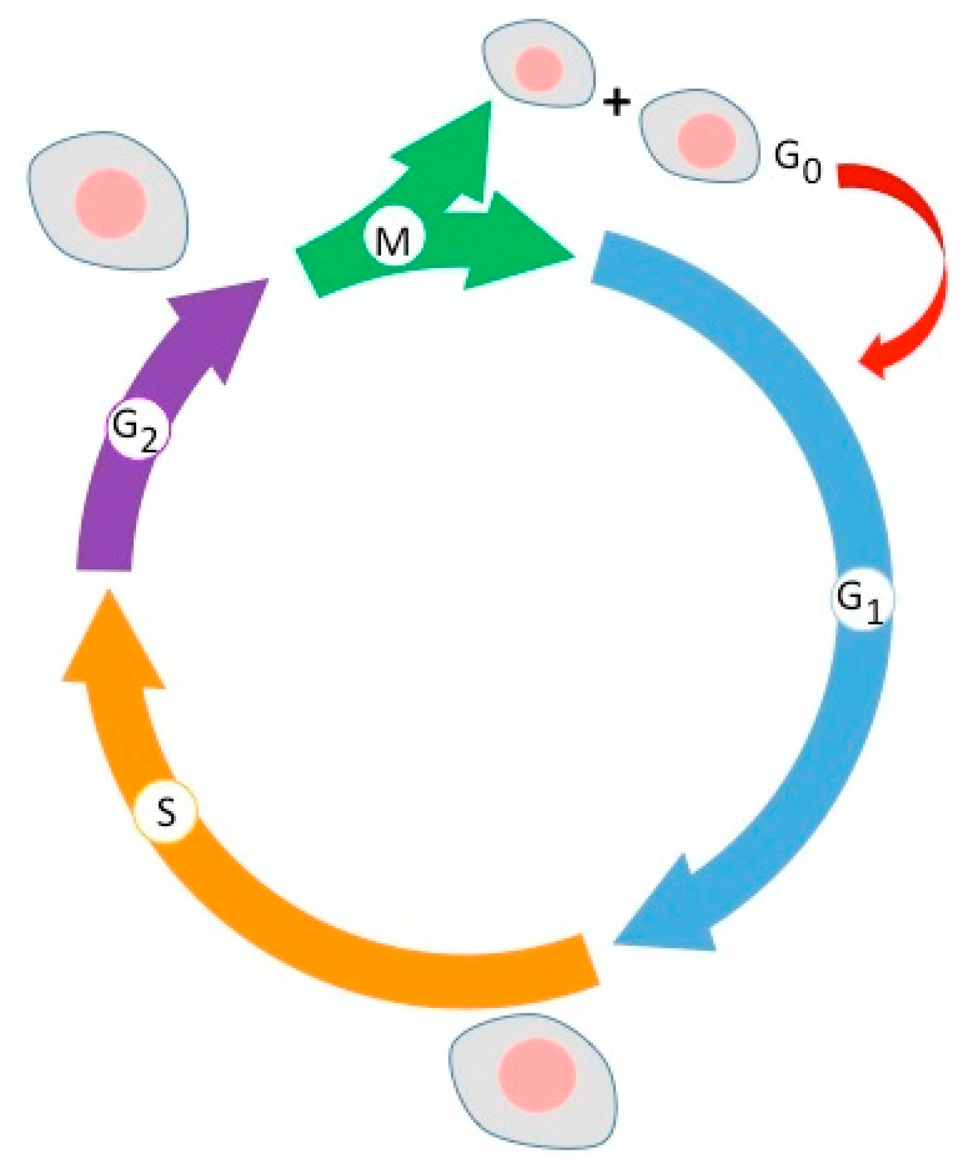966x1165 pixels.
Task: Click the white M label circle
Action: tap(394, 240)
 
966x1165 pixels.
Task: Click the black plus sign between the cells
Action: tap(617, 103)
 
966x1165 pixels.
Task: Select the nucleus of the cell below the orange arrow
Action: tap(537, 1076)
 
